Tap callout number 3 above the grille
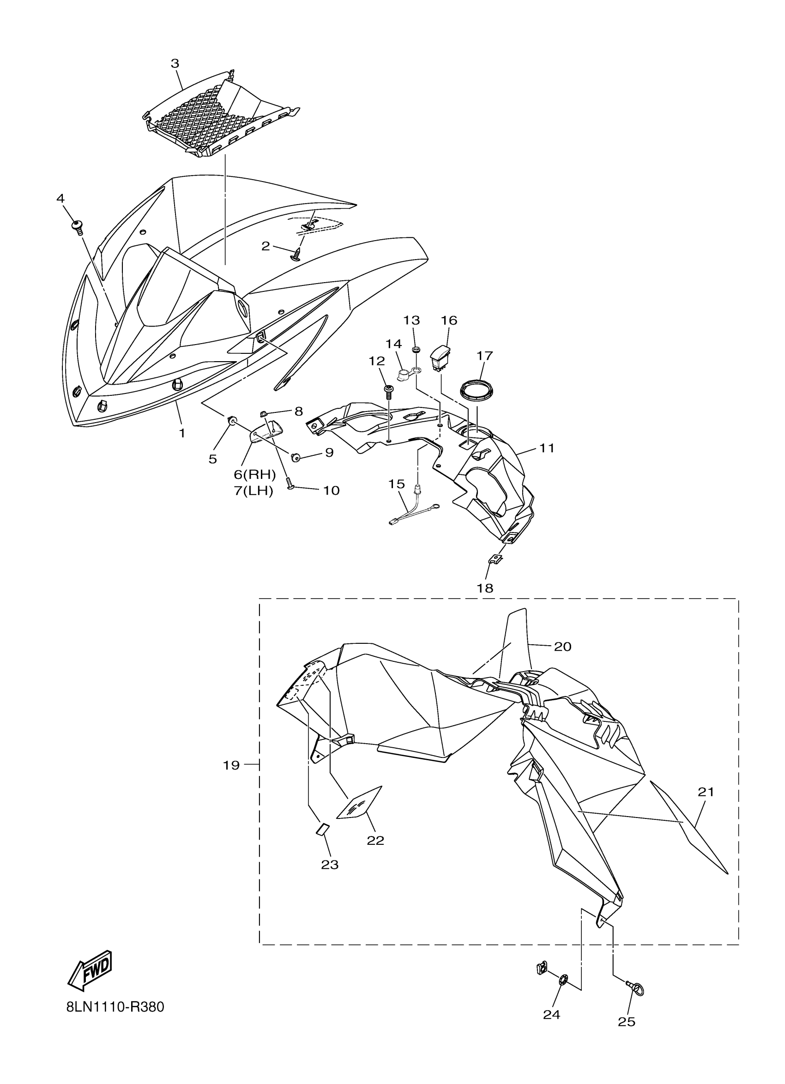click(175, 63)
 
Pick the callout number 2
click(266, 246)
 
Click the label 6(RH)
click(254, 475)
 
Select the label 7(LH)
click(253, 491)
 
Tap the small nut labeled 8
click(263, 414)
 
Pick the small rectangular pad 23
click(321, 829)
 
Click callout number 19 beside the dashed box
click(231, 765)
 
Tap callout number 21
click(706, 792)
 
